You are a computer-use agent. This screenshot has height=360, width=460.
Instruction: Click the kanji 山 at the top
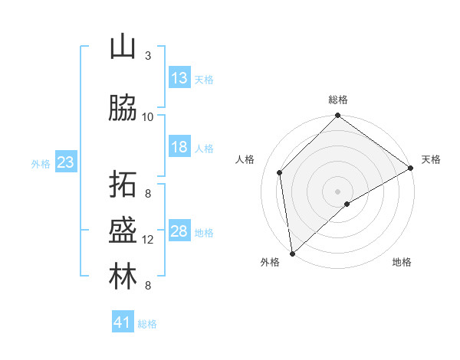pos(123,47)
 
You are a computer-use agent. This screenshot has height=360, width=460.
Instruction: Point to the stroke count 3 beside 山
pos(148,56)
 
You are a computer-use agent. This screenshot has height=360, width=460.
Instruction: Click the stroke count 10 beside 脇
pos(148,117)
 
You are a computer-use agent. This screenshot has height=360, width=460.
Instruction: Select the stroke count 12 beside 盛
pos(148,240)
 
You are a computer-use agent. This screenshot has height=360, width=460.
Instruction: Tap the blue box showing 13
pos(179,78)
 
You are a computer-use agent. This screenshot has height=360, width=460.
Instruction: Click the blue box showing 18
pos(179,147)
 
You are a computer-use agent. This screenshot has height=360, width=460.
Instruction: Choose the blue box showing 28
pos(179,231)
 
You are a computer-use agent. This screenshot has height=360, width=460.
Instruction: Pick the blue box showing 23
pos(65,162)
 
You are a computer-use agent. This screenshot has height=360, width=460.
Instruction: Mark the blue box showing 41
pos(123,322)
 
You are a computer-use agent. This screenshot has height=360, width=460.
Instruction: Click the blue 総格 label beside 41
pos(148,324)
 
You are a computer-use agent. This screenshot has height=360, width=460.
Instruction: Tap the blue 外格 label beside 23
pos(41,163)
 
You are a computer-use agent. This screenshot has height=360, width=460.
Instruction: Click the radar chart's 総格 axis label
pos(338,100)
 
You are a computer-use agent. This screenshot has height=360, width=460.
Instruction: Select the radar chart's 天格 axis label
pos(431,159)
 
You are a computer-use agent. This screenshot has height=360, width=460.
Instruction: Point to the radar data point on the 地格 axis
pos(347,204)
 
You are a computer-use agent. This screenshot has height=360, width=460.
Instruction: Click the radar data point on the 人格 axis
pos(280,172)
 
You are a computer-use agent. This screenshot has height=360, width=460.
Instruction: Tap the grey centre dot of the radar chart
pos(338,191)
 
